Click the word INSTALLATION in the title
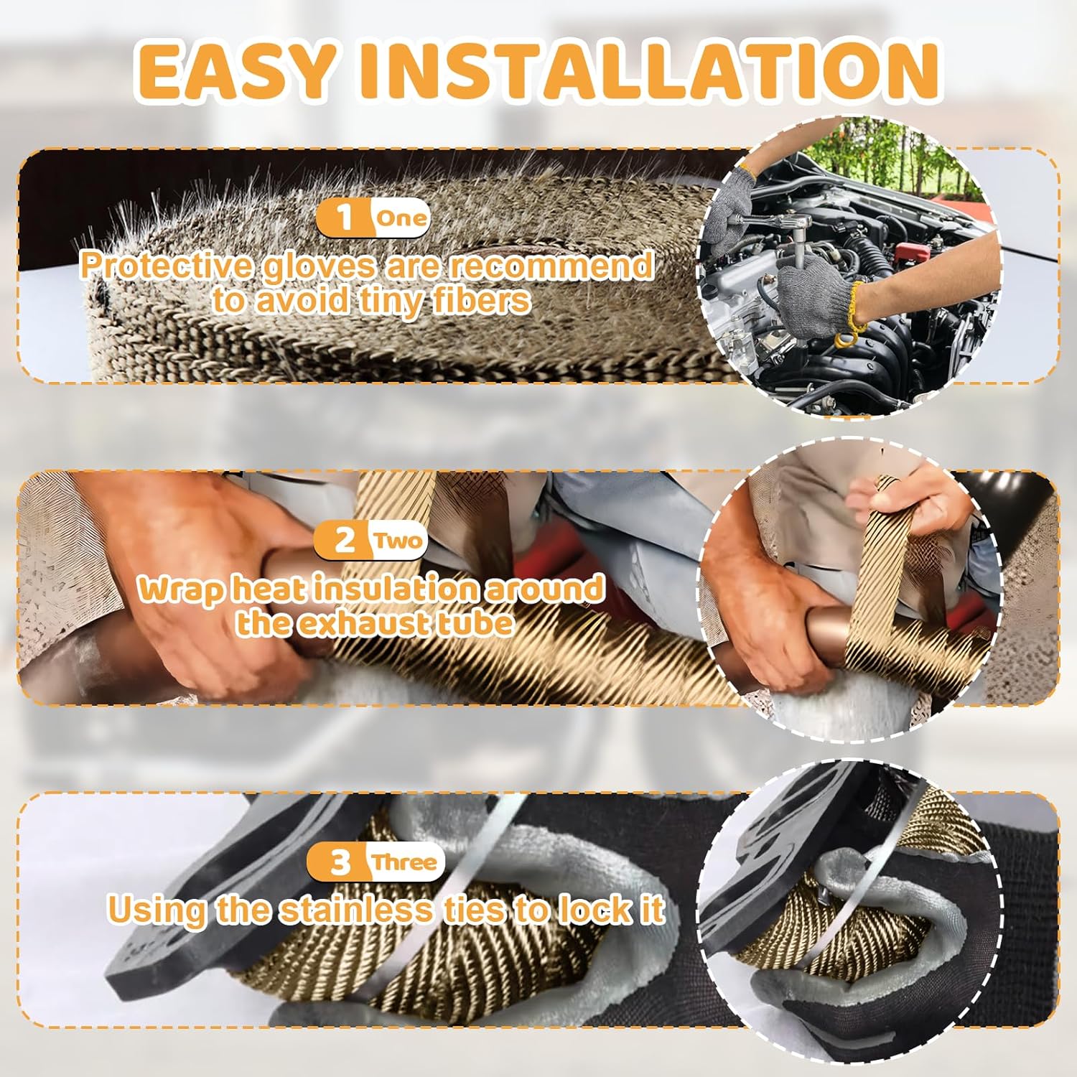(x=650, y=72)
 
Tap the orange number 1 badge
(x=345, y=217)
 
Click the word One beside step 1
(x=401, y=218)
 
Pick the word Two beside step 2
(x=398, y=540)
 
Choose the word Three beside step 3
(x=404, y=862)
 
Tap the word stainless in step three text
(x=357, y=910)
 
